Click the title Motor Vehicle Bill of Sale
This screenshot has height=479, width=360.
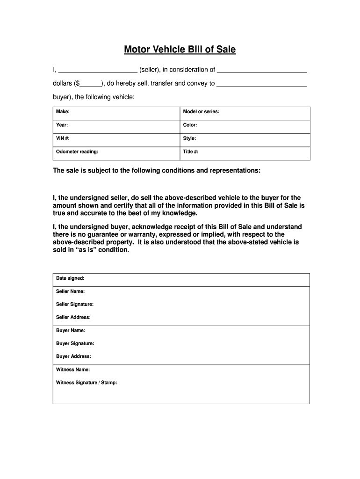[x=180, y=50]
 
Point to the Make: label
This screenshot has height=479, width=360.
[x=63, y=112]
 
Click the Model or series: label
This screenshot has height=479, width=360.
[x=201, y=112]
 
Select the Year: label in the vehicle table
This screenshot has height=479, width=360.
[x=62, y=125]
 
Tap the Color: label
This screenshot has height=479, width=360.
[x=190, y=125]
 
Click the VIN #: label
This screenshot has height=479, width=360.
[x=63, y=138]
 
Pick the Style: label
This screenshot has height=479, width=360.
[x=189, y=138]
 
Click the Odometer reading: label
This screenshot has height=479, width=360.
[x=77, y=152]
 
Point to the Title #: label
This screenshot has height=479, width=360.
[x=191, y=152]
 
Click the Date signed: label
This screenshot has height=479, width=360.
[x=70, y=278]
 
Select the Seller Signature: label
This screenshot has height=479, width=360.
[x=75, y=305]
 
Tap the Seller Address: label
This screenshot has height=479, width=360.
[x=73, y=318]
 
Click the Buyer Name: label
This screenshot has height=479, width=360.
[x=70, y=331]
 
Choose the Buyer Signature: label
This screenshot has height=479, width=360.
[x=75, y=343]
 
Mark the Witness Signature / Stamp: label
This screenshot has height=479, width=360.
[x=86, y=383]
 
